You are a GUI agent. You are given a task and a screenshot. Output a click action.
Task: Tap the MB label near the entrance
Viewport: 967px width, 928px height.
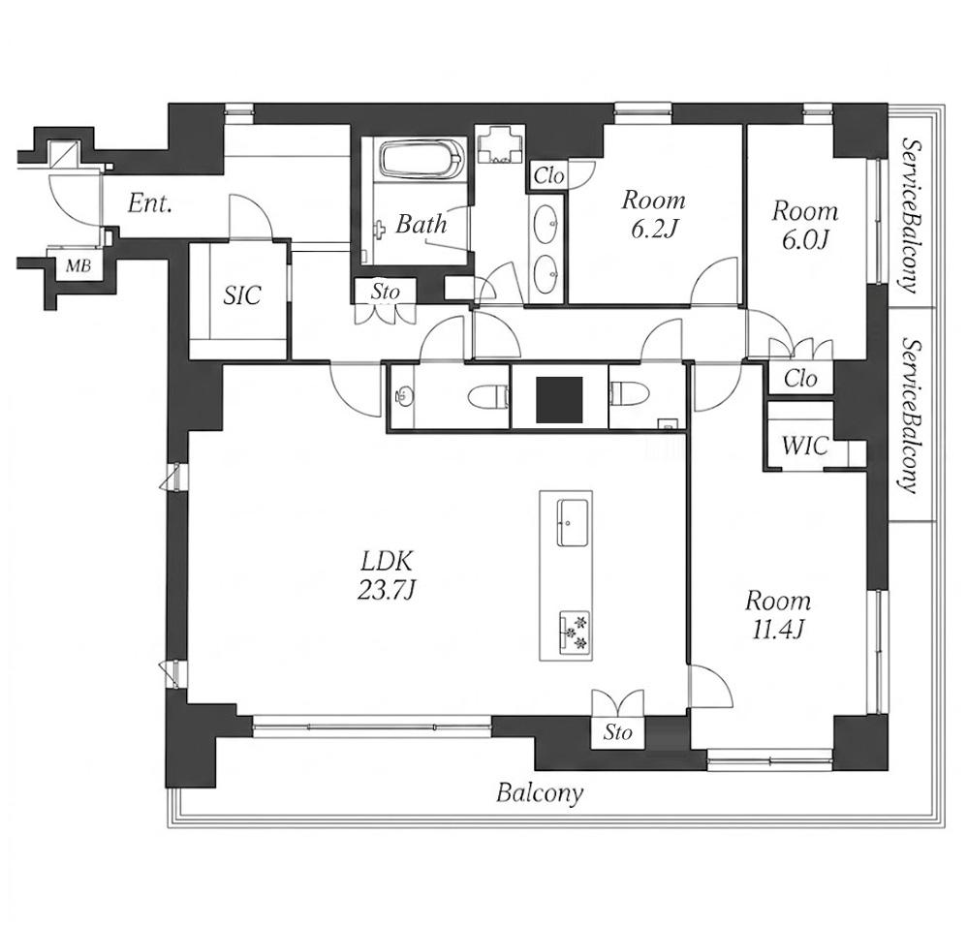[x=78, y=265]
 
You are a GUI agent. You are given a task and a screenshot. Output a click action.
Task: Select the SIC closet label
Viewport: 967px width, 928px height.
[x=242, y=295]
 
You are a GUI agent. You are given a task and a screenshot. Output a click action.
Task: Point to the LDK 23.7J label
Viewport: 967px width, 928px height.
[x=387, y=575]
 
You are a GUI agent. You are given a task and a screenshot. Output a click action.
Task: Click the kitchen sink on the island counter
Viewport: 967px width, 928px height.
[x=573, y=523]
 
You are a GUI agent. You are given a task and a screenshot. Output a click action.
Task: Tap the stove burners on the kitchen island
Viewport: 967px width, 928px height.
[x=575, y=632]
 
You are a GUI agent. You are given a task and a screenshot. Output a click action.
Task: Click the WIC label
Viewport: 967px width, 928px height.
[x=804, y=446]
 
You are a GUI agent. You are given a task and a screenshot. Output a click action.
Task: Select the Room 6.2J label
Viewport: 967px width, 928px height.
[x=653, y=214]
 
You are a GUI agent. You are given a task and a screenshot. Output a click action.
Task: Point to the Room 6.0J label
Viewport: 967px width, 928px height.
[x=805, y=225]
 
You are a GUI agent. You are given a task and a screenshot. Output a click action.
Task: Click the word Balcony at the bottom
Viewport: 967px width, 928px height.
[x=540, y=793]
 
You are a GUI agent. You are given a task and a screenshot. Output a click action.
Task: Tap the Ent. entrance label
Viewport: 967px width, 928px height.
[x=149, y=202]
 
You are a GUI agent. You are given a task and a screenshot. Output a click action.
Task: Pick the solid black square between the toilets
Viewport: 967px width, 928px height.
[x=559, y=400]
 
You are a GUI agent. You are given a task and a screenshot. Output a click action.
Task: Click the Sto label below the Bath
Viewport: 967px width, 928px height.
[x=385, y=291]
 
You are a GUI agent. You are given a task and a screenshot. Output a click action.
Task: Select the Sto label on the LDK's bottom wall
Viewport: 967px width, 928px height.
[x=617, y=732]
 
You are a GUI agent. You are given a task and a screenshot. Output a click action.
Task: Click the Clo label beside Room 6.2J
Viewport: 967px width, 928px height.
[x=548, y=176]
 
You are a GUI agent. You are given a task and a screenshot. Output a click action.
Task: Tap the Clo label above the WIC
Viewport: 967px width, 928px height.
[x=800, y=378]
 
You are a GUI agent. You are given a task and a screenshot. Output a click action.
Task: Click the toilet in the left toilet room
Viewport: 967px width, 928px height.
[x=487, y=396]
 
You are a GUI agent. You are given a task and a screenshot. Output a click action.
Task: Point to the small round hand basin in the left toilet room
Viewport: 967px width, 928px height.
[x=403, y=395]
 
